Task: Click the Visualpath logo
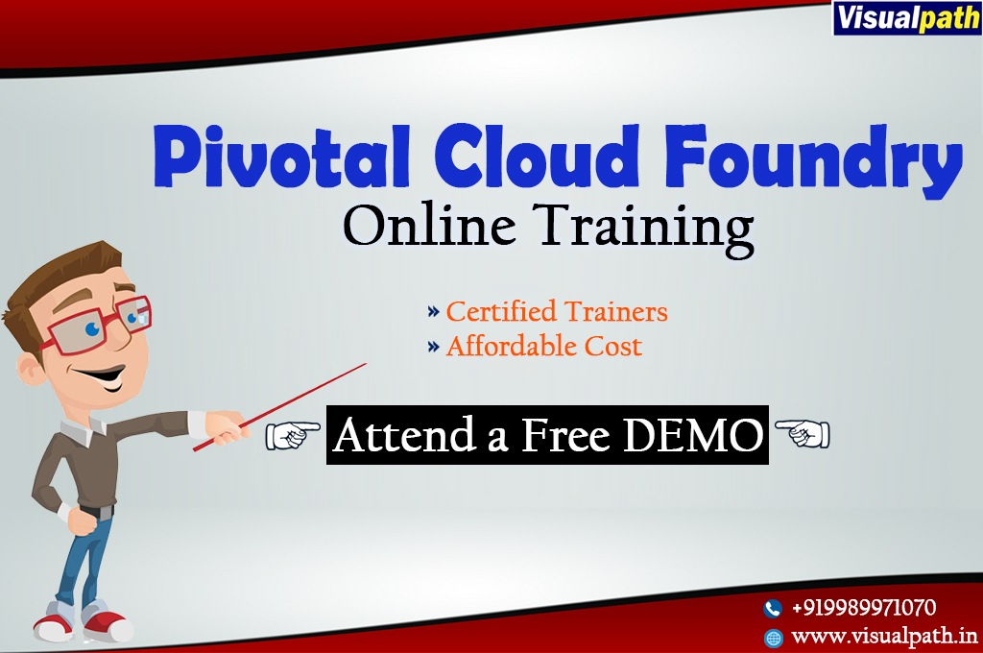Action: pos(907,17)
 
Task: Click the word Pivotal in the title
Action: pos(281,157)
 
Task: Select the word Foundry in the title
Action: pos(813,160)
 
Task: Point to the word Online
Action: pos(429,226)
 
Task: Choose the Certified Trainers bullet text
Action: pos(557,312)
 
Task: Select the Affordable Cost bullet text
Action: pos(544,347)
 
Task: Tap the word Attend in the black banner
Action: pos(404,435)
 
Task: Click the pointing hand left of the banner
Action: pos(292,435)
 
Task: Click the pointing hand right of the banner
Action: pos(803,433)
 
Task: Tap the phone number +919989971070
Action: pos(864,608)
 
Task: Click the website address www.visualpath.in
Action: pos(884,637)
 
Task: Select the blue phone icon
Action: pos(773,608)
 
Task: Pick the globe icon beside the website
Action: pos(774,638)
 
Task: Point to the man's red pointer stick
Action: pos(279,407)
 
